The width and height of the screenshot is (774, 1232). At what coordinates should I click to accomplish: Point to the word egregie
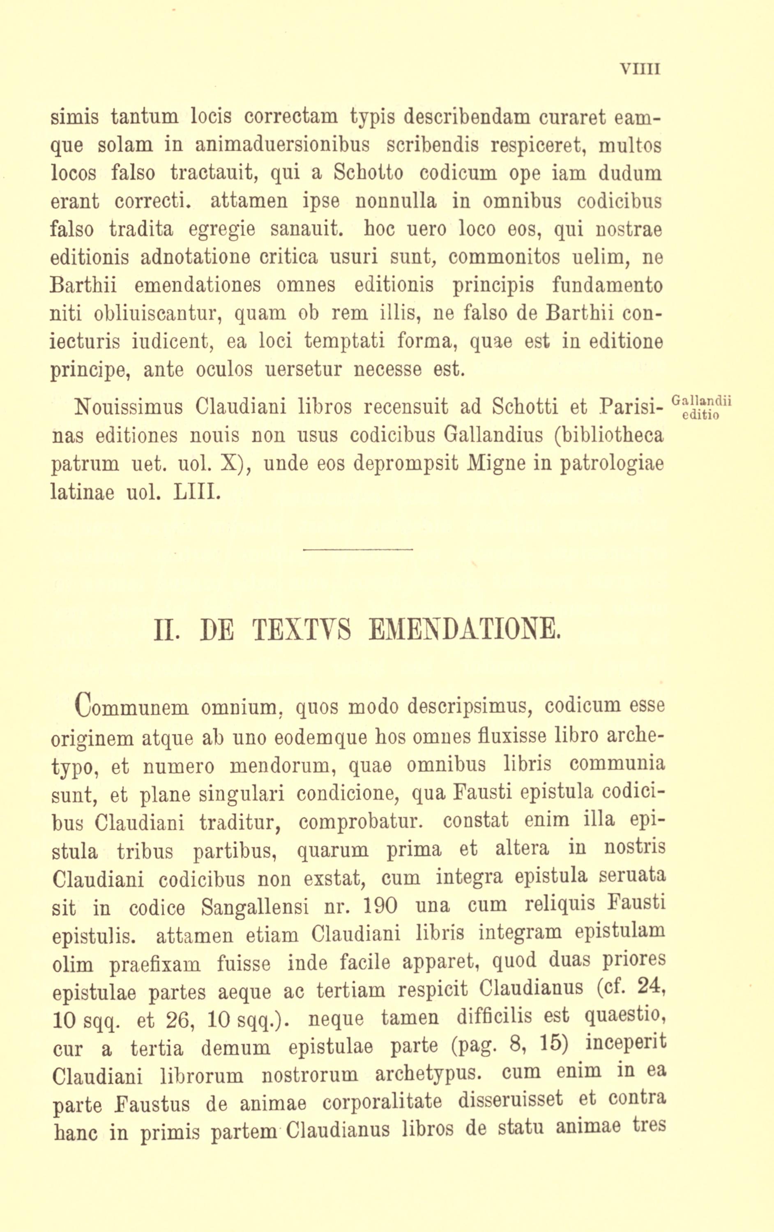221,230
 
